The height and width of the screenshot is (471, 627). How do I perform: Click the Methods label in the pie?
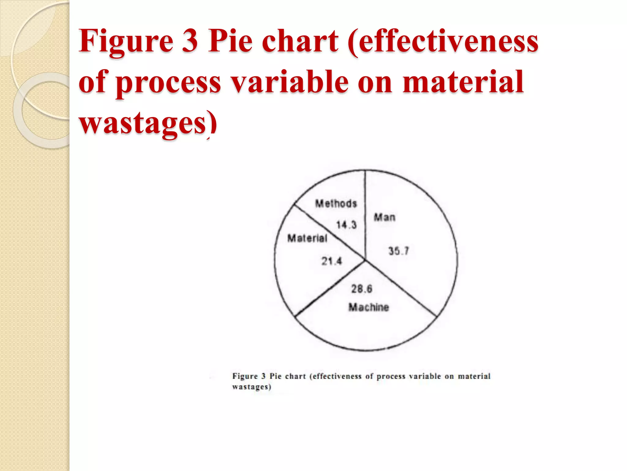[x=336, y=204]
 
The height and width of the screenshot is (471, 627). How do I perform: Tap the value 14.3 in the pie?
[x=346, y=225]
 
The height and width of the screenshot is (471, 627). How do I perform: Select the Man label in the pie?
[x=385, y=217]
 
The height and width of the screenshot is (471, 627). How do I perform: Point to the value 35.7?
[x=399, y=251]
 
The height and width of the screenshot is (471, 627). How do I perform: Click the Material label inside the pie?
[x=307, y=238]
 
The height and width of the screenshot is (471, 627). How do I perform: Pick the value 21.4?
[x=331, y=261]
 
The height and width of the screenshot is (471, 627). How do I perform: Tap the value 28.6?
[x=362, y=289]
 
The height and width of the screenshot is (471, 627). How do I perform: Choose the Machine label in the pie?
[x=369, y=307]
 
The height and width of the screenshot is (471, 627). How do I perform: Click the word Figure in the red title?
[x=126, y=41]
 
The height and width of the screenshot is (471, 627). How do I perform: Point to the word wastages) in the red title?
[x=148, y=123]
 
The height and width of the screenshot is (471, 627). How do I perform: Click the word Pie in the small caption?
[x=276, y=376]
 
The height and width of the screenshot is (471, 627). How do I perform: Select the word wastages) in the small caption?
[x=252, y=387]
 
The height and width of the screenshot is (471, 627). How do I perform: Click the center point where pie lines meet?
[x=365, y=260]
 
